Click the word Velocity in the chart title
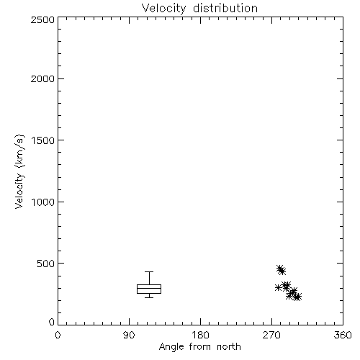pos(164,9)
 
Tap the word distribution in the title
pos(225,8)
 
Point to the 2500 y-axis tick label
pos(42,19)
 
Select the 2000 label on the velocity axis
pos(42,78)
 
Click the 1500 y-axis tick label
pos(43,140)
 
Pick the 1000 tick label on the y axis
pos(43,202)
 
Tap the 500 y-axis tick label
pos(45,264)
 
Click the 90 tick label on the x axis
pos(129,335)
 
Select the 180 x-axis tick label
pos(200,335)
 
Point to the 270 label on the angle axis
pos(271,335)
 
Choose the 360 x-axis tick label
pos(343,335)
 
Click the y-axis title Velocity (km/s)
pos(19,171)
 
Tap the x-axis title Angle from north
pos(199,347)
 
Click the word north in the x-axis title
pos(229,346)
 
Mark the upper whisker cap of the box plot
pos(149,271)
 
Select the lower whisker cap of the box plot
pos(149,297)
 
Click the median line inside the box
pos(149,288)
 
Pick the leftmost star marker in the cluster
pos(278,287)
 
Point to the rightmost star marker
pos(298,297)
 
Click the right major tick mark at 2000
pos(340,78)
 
